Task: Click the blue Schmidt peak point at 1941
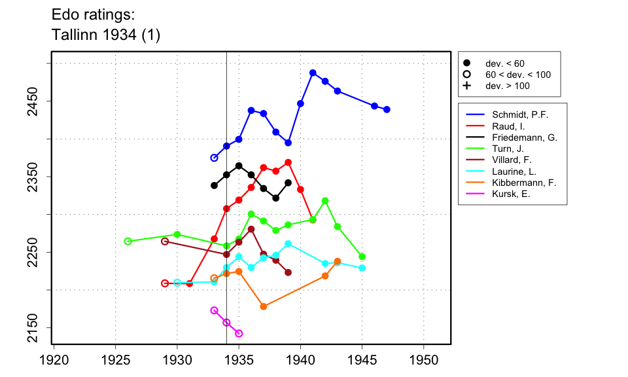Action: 313,73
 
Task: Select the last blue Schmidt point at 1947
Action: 387,109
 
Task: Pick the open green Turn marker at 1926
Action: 128,241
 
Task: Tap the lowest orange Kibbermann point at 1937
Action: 264,306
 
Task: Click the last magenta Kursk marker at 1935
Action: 239,334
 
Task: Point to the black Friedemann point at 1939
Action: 288,183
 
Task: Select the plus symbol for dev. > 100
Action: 466,86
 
